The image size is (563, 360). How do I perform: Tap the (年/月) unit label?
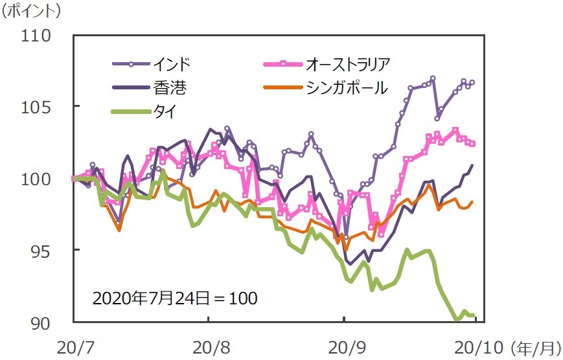535,348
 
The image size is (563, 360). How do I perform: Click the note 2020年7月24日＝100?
175,298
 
